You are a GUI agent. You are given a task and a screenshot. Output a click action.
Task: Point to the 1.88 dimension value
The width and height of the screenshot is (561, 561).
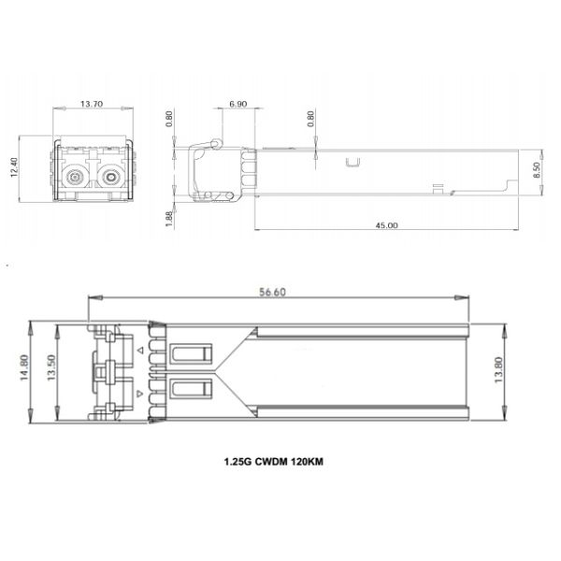pos(169,217)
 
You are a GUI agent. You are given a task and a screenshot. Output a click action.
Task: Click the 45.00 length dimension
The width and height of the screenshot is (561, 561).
pos(386,225)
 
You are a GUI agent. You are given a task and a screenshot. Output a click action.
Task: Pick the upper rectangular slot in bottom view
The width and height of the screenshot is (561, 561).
pos(193,354)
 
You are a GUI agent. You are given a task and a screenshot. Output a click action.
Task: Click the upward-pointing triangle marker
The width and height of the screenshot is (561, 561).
pos(140,350)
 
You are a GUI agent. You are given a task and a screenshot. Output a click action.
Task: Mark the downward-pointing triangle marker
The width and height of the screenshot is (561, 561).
pos(140,394)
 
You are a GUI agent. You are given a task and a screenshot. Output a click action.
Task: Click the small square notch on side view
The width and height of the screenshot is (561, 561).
pos(352,164)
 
